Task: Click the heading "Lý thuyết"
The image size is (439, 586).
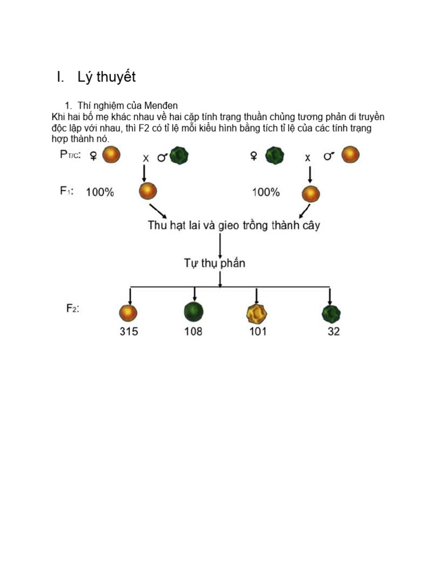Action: coord(103,77)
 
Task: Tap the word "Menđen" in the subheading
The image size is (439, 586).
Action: coord(162,105)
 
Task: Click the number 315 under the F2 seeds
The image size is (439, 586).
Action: coord(129,331)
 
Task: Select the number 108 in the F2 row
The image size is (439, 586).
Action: coord(193,331)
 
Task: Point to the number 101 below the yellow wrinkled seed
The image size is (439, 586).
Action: coord(258,331)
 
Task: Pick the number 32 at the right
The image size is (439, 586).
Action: coord(333,331)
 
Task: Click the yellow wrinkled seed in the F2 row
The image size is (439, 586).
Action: coord(257,313)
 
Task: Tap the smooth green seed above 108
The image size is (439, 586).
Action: coord(194,312)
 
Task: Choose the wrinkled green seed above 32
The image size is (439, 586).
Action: coord(331,313)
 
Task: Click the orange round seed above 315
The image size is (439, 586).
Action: coord(129,312)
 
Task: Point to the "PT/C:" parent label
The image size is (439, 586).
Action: coord(71,155)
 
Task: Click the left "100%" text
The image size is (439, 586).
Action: coord(100,192)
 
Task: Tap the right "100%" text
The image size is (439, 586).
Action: coord(266,192)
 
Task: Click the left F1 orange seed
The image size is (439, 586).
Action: coord(147,192)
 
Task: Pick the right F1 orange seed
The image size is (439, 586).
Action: coord(310,193)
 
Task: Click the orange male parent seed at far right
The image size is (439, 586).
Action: coord(350,155)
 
